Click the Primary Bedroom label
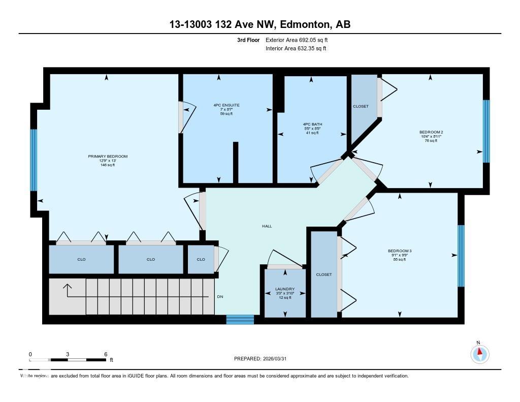(x=107, y=157)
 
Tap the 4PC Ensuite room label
(x=226, y=105)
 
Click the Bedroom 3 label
(x=399, y=251)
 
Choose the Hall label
(x=267, y=226)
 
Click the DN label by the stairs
(x=220, y=297)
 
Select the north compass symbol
(x=479, y=353)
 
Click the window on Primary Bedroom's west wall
(x=34, y=160)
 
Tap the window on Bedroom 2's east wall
(x=486, y=131)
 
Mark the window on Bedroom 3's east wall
(x=461, y=256)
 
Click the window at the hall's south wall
(x=240, y=320)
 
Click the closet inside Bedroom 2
(x=361, y=106)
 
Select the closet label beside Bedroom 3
(x=323, y=274)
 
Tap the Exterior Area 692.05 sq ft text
(x=300, y=40)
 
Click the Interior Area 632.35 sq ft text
(x=296, y=49)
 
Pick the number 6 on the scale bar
(x=105, y=354)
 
